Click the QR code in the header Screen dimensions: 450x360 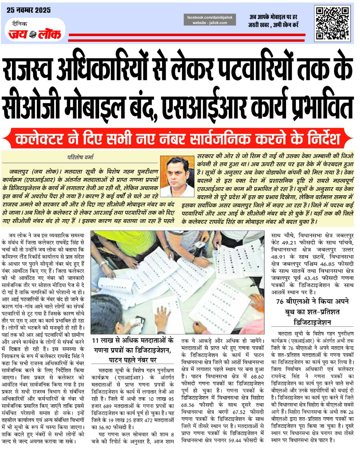(331, 23)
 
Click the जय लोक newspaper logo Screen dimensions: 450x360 (35, 34)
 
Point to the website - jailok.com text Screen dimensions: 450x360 (210, 23)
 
